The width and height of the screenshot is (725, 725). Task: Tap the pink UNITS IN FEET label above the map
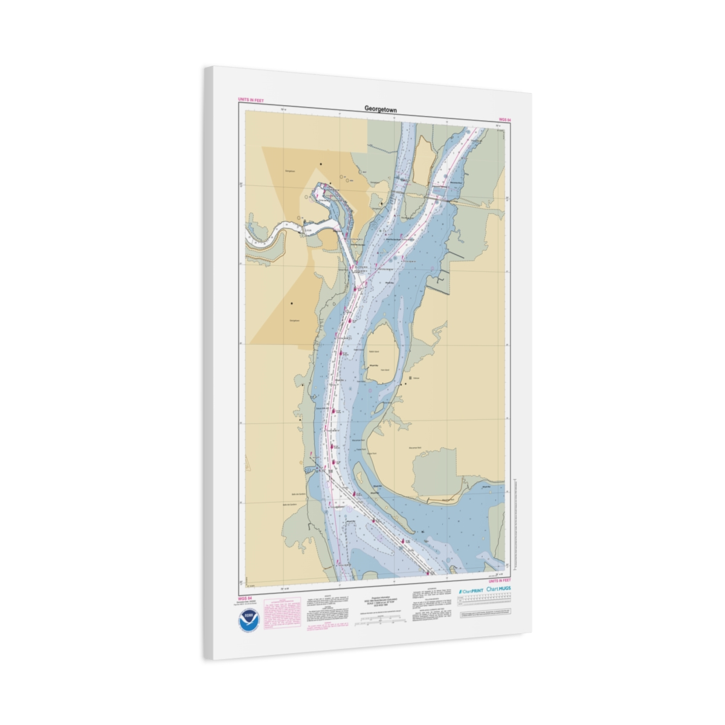tap(251, 100)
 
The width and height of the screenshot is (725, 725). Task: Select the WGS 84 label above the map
tap(504, 120)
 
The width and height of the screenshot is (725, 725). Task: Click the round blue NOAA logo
tap(248, 620)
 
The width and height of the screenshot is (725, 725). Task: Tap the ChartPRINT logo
tap(471, 590)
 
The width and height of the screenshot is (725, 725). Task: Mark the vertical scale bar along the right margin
tap(514, 520)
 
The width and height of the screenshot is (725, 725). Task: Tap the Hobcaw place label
tap(416, 378)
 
